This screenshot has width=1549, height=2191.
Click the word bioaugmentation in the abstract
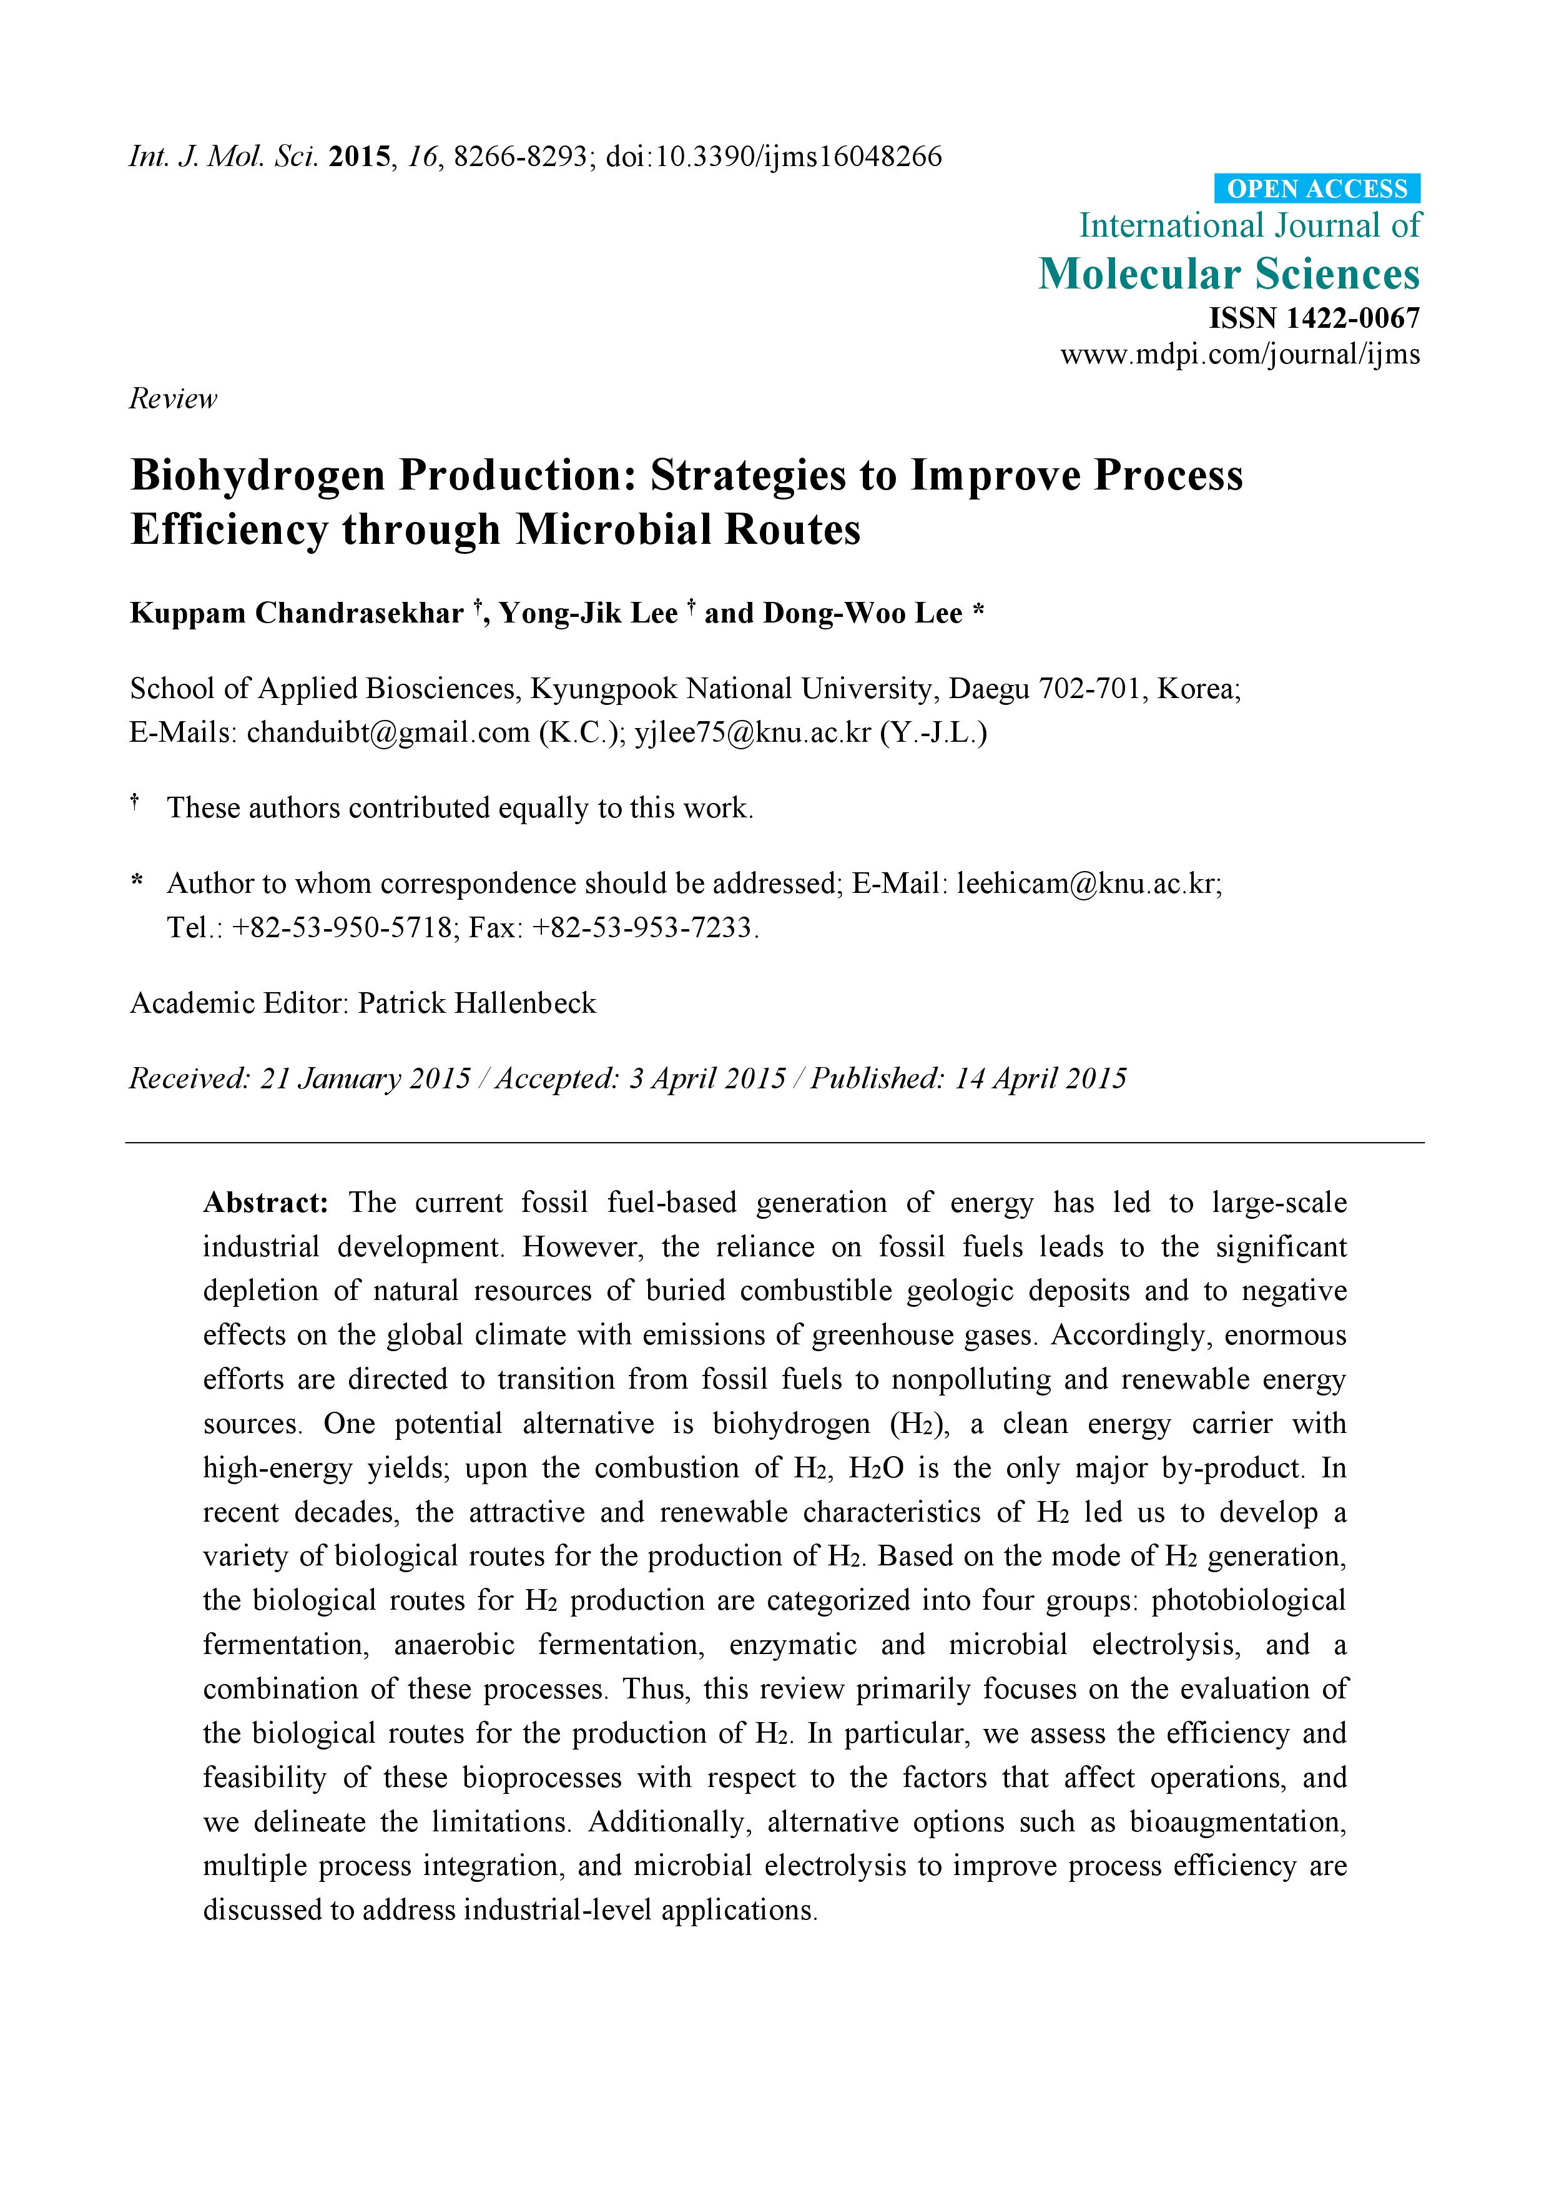coord(1237,1822)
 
